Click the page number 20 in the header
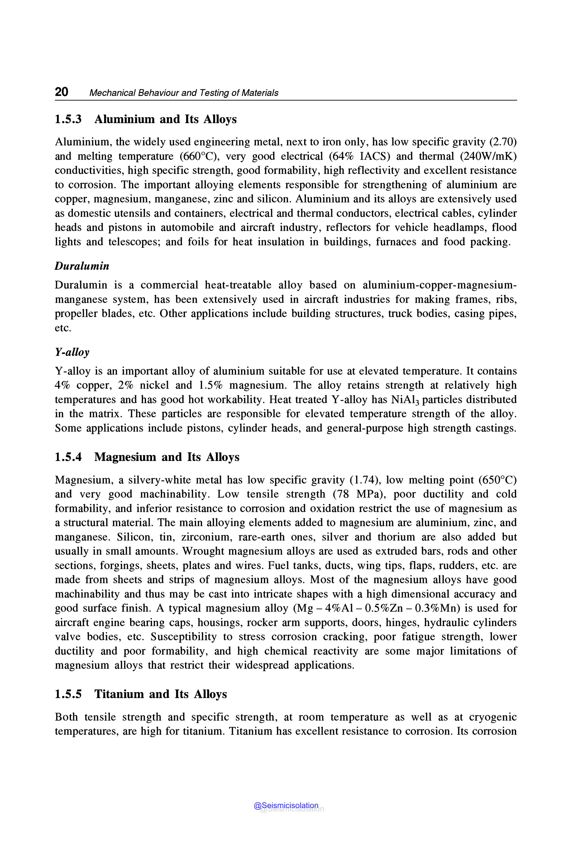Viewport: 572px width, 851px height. coord(61,92)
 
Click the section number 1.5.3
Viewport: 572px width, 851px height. coord(68,119)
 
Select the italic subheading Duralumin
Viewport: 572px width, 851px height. coord(82,266)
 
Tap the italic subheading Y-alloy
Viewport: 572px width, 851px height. coord(72,352)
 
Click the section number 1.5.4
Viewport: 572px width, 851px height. coord(68,457)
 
